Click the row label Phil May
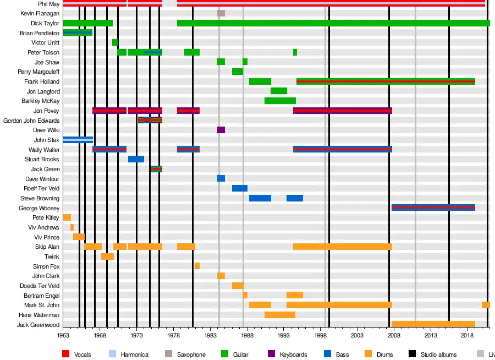49,4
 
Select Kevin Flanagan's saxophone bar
221,13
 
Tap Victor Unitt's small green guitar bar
114,42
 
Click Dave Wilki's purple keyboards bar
221,130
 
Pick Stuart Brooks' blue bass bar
136,159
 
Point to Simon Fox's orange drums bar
197,266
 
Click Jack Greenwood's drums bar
433,325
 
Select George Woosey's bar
433,208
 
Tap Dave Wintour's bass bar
221,179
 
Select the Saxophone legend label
191,354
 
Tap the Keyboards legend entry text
293,354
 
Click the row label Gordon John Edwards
31,121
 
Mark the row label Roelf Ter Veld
42,188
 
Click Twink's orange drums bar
107,257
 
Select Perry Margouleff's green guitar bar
237,72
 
